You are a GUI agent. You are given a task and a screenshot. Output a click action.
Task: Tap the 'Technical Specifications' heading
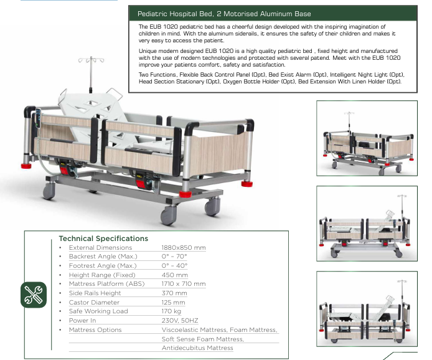tap(103, 239)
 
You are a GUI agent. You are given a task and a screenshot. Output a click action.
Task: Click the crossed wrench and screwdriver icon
tap(34, 295)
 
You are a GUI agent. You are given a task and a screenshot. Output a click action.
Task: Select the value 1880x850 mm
tap(184, 247)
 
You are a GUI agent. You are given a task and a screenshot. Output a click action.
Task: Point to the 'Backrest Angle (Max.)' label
tap(103, 257)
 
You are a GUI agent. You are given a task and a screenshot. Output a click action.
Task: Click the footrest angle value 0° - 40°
tap(174, 266)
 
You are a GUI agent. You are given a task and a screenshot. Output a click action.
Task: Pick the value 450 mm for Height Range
tap(175, 275)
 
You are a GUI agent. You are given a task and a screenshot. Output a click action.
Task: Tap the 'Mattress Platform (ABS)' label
tap(106, 284)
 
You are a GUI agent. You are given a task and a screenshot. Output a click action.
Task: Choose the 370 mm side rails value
tap(174, 293)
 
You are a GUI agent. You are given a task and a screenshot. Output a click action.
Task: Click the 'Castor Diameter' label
tap(94, 303)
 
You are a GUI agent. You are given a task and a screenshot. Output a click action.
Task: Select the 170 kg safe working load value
tap(171, 311)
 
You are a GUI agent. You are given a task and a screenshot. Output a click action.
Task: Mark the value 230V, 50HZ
tap(180, 321)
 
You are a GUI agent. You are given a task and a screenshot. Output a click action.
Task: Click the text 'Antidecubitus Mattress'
tap(197, 348)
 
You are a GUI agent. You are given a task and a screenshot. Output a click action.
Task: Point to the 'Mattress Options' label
tap(95, 330)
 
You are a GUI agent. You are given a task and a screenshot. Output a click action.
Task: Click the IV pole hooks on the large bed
tap(91, 60)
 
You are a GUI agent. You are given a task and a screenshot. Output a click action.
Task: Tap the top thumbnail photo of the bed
tap(367, 138)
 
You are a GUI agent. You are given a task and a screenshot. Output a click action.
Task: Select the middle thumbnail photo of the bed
tap(367, 224)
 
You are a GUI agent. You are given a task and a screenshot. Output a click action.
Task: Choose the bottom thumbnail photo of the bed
tap(367, 309)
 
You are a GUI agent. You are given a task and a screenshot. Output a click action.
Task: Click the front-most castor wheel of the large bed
tap(168, 216)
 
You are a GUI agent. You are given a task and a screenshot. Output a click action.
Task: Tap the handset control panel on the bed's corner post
tap(39, 118)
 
